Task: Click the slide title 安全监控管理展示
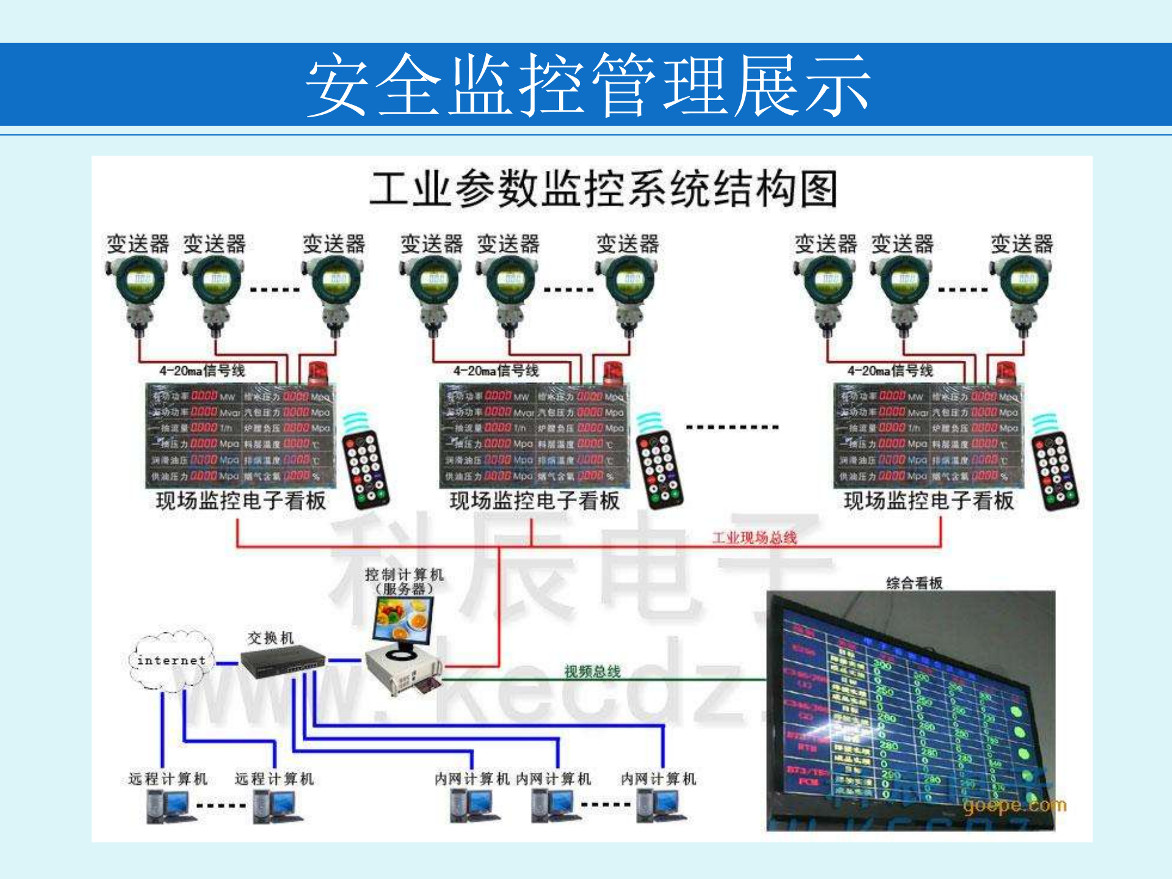587,85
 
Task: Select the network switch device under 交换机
283,662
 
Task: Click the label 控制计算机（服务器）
404,581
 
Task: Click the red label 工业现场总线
754,537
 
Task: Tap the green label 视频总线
592,671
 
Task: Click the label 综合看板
914,583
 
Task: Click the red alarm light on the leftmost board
317,374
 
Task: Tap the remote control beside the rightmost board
1055,470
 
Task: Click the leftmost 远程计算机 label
168,779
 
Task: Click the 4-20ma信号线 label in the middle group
496,371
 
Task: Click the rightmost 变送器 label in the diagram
1021,244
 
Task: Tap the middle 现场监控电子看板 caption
534,501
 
